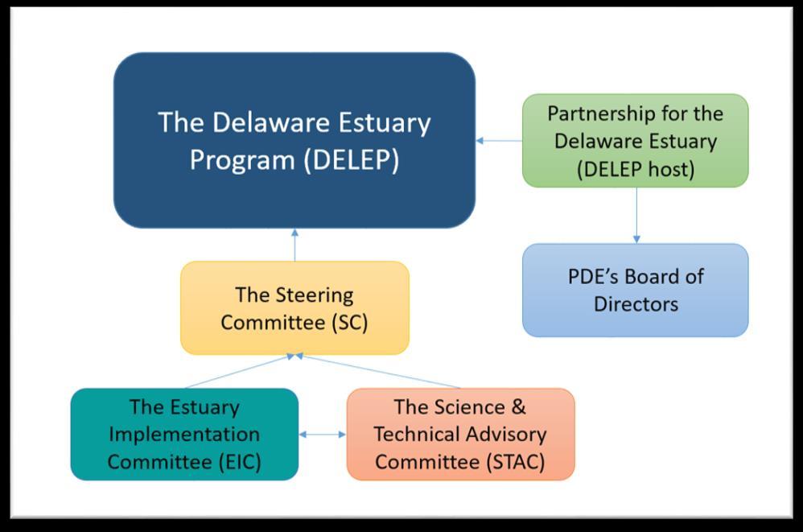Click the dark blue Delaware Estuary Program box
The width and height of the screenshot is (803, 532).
click(x=294, y=140)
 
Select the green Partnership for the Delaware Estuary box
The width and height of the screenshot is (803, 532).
click(x=636, y=141)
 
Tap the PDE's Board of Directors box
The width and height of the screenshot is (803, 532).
click(x=636, y=291)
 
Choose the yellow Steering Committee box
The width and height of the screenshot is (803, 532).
click(x=294, y=307)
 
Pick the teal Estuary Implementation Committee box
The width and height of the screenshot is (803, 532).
click(x=184, y=434)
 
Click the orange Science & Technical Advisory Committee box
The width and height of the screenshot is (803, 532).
click(x=461, y=434)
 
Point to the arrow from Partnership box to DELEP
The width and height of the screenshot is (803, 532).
click(x=500, y=140)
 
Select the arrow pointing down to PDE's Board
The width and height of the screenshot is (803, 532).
click(x=636, y=215)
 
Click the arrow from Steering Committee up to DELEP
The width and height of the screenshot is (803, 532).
click(x=294, y=245)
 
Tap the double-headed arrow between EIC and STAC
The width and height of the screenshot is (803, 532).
click(x=323, y=434)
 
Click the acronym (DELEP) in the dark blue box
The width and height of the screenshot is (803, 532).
click(x=351, y=160)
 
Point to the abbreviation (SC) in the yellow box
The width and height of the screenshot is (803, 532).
click(x=350, y=323)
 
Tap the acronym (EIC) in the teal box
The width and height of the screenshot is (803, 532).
click(x=240, y=462)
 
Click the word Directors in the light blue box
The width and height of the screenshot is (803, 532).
click(x=636, y=304)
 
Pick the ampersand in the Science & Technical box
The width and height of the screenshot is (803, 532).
click(x=518, y=407)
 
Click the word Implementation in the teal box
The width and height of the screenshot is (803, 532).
click(x=184, y=435)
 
